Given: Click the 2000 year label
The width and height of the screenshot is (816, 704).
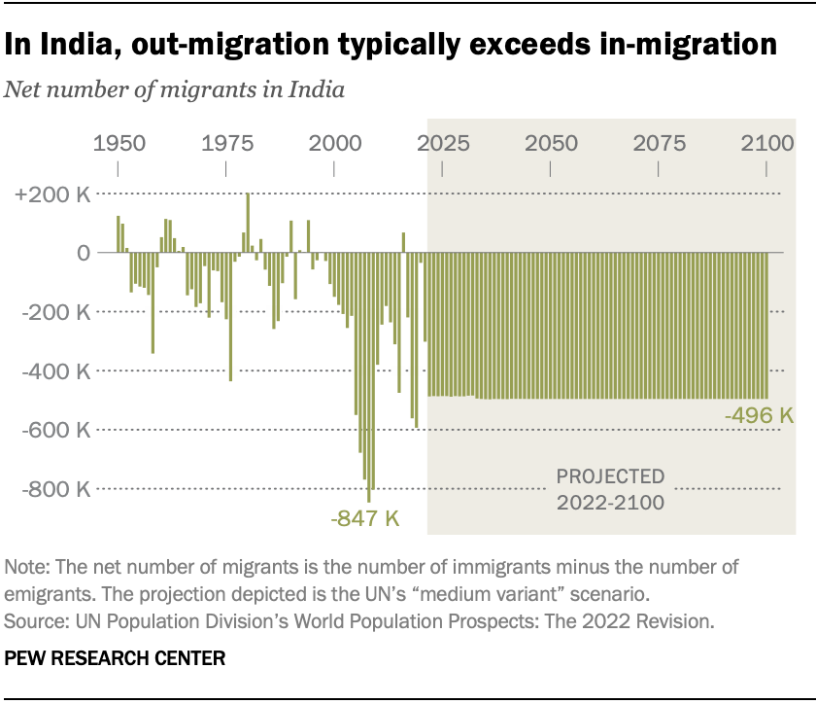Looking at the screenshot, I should pyautogui.click(x=334, y=144).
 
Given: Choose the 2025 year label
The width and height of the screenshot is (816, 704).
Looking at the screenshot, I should pyautogui.click(x=442, y=144).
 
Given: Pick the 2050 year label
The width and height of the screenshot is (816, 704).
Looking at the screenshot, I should pyautogui.click(x=551, y=144).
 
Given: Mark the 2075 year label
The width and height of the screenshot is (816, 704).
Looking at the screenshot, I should pyautogui.click(x=659, y=144).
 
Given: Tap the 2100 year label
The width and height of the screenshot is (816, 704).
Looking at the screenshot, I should pyautogui.click(x=766, y=144).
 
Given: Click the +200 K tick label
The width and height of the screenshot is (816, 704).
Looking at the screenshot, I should pyautogui.click(x=52, y=194).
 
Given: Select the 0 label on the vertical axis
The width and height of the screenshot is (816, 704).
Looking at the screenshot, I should pyautogui.click(x=84, y=253).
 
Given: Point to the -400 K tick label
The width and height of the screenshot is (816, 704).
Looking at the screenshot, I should pyautogui.click(x=54, y=370).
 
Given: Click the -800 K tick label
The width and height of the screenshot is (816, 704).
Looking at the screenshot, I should pyautogui.click(x=54, y=488).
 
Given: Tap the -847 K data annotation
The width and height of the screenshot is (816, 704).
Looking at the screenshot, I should pyautogui.click(x=365, y=518).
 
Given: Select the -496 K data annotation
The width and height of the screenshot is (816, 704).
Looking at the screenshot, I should pyautogui.click(x=760, y=416).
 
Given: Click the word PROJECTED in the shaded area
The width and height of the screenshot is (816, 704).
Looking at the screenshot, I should pyautogui.click(x=610, y=476).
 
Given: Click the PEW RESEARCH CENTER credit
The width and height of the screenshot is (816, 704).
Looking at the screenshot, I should pyautogui.click(x=116, y=658).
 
